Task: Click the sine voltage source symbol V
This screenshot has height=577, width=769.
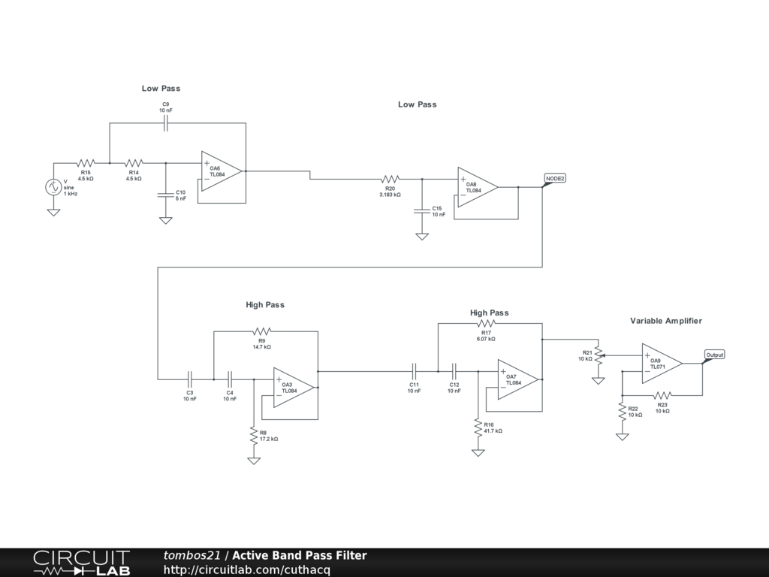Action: point(54,187)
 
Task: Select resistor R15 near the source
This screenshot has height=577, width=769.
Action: point(86,162)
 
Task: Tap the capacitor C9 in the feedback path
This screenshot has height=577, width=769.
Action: point(166,124)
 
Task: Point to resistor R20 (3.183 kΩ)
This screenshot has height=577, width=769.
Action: point(390,179)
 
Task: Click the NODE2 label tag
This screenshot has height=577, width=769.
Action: point(555,178)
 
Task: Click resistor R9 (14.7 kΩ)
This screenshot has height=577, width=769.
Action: point(261,331)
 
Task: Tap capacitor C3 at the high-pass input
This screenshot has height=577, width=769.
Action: point(190,379)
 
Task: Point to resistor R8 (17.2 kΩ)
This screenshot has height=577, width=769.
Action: point(253,434)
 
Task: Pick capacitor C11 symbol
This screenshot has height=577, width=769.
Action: point(414,370)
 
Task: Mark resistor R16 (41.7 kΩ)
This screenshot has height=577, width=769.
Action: point(477,427)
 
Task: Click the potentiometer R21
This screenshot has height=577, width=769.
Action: point(599,355)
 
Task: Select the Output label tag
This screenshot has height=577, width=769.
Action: point(714,355)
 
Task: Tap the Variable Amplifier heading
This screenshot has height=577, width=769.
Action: point(665,321)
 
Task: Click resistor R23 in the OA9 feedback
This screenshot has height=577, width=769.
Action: point(662,394)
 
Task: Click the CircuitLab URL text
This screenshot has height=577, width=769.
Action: point(246,569)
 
